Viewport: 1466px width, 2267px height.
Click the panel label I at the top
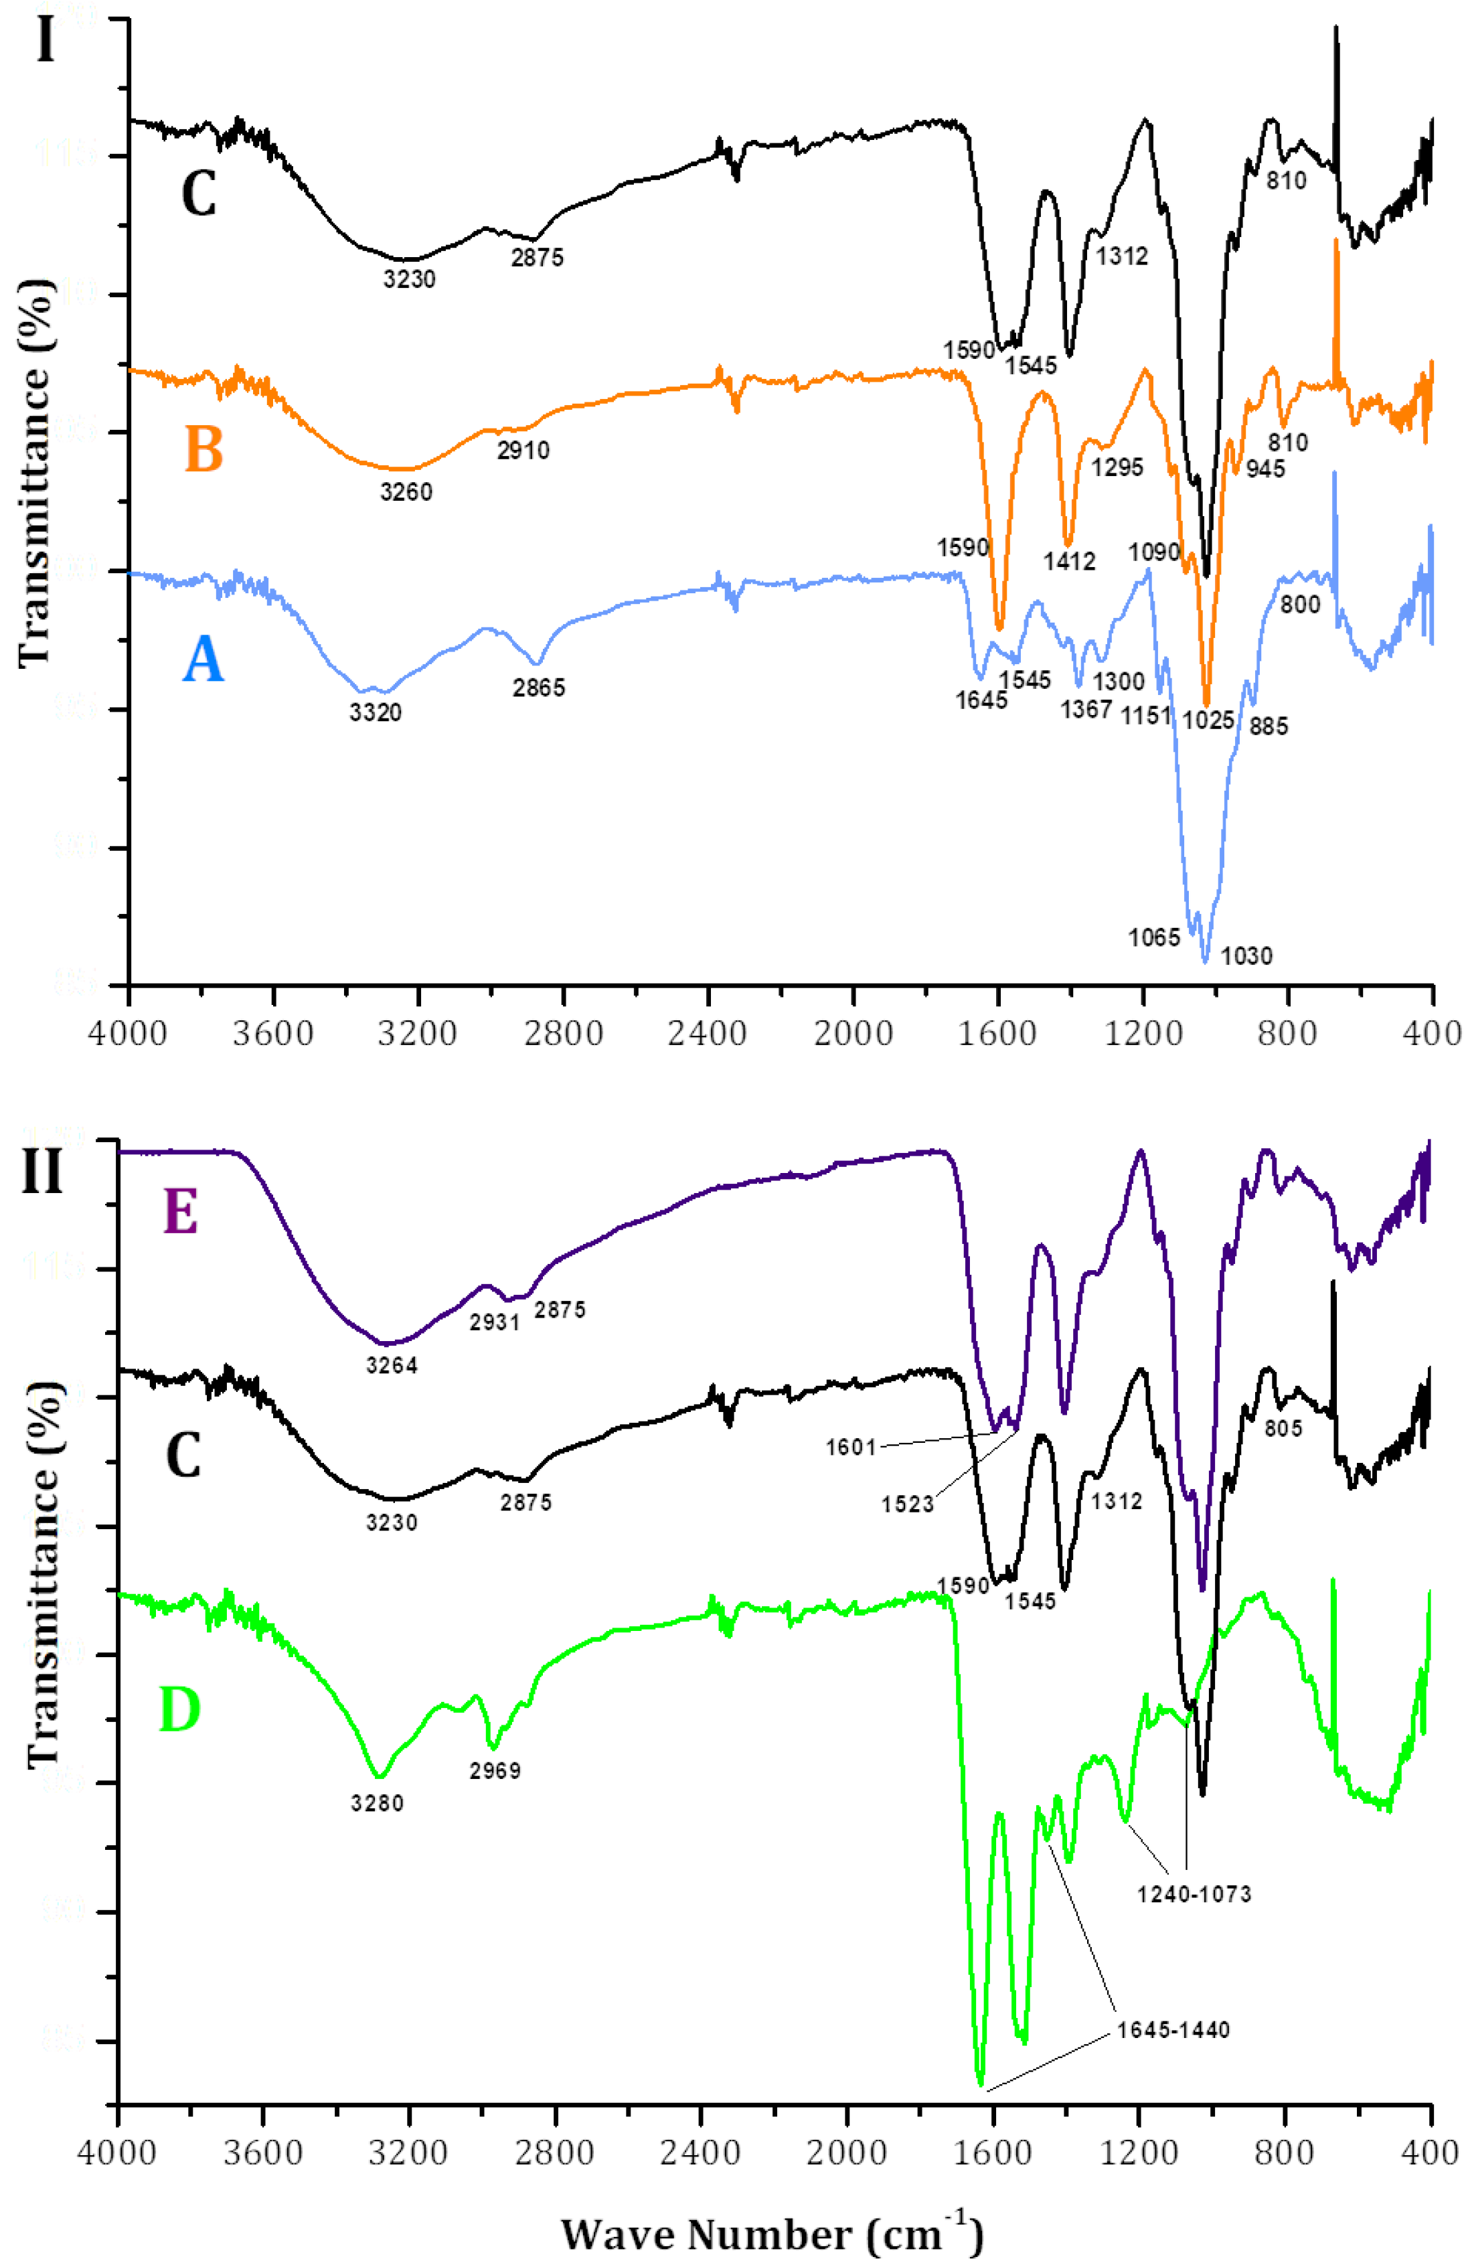pos(45,40)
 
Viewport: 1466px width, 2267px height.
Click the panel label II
pos(43,1170)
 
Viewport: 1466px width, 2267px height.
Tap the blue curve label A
pos(203,660)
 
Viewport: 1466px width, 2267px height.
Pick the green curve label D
pos(180,1709)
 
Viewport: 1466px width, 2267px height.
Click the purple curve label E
pos(181,1213)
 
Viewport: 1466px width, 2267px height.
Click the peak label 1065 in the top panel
pos(1154,938)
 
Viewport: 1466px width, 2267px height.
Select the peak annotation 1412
pos(1069,562)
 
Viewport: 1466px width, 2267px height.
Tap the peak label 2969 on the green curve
pos(495,1771)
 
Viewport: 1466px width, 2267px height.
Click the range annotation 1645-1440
pos(1173,2030)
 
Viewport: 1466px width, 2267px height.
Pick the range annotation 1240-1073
pos(1194,1894)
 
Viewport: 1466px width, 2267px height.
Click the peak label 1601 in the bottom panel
pos(850,1448)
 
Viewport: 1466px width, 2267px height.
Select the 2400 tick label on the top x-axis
pos(708,1033)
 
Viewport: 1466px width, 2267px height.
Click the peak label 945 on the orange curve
pos(1265,469)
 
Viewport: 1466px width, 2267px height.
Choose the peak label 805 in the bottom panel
pos(1283,1428)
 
